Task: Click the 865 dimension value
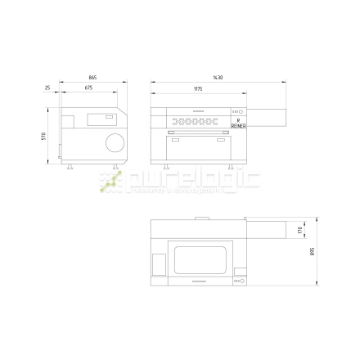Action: tap(92, 78)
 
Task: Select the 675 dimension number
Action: tap(88, 86)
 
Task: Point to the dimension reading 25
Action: tap(48, 86)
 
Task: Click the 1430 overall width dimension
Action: tap(217, 78)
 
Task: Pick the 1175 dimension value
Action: tap(198, 86)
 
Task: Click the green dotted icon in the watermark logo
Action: tap(108, 184)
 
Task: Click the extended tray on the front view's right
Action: tap(267, 117)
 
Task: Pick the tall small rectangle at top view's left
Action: tap(159, 263)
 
